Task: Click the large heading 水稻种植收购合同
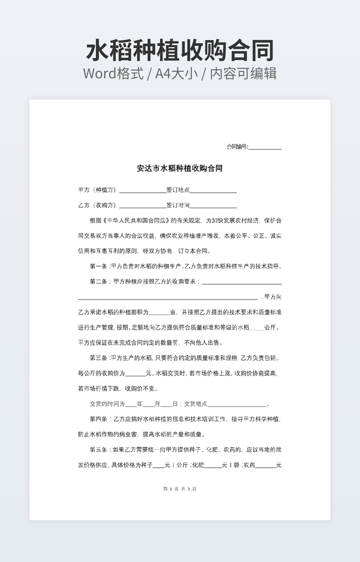click(x=180, y=51)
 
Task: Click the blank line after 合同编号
click(x=265, y=148)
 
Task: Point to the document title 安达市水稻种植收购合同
click(x=179, y=168)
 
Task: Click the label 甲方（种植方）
click(x=97, y=190)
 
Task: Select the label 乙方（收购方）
click(x=97, y=205)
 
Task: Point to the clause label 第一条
click(x=99, y=266)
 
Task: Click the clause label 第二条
click(x=99, y=281)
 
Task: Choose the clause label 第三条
click(x=99, y=358)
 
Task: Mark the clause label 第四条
click(x=99, y=419)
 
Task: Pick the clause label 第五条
click(x=99, y=450)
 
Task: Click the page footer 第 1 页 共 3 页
click(x=179, y=489)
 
